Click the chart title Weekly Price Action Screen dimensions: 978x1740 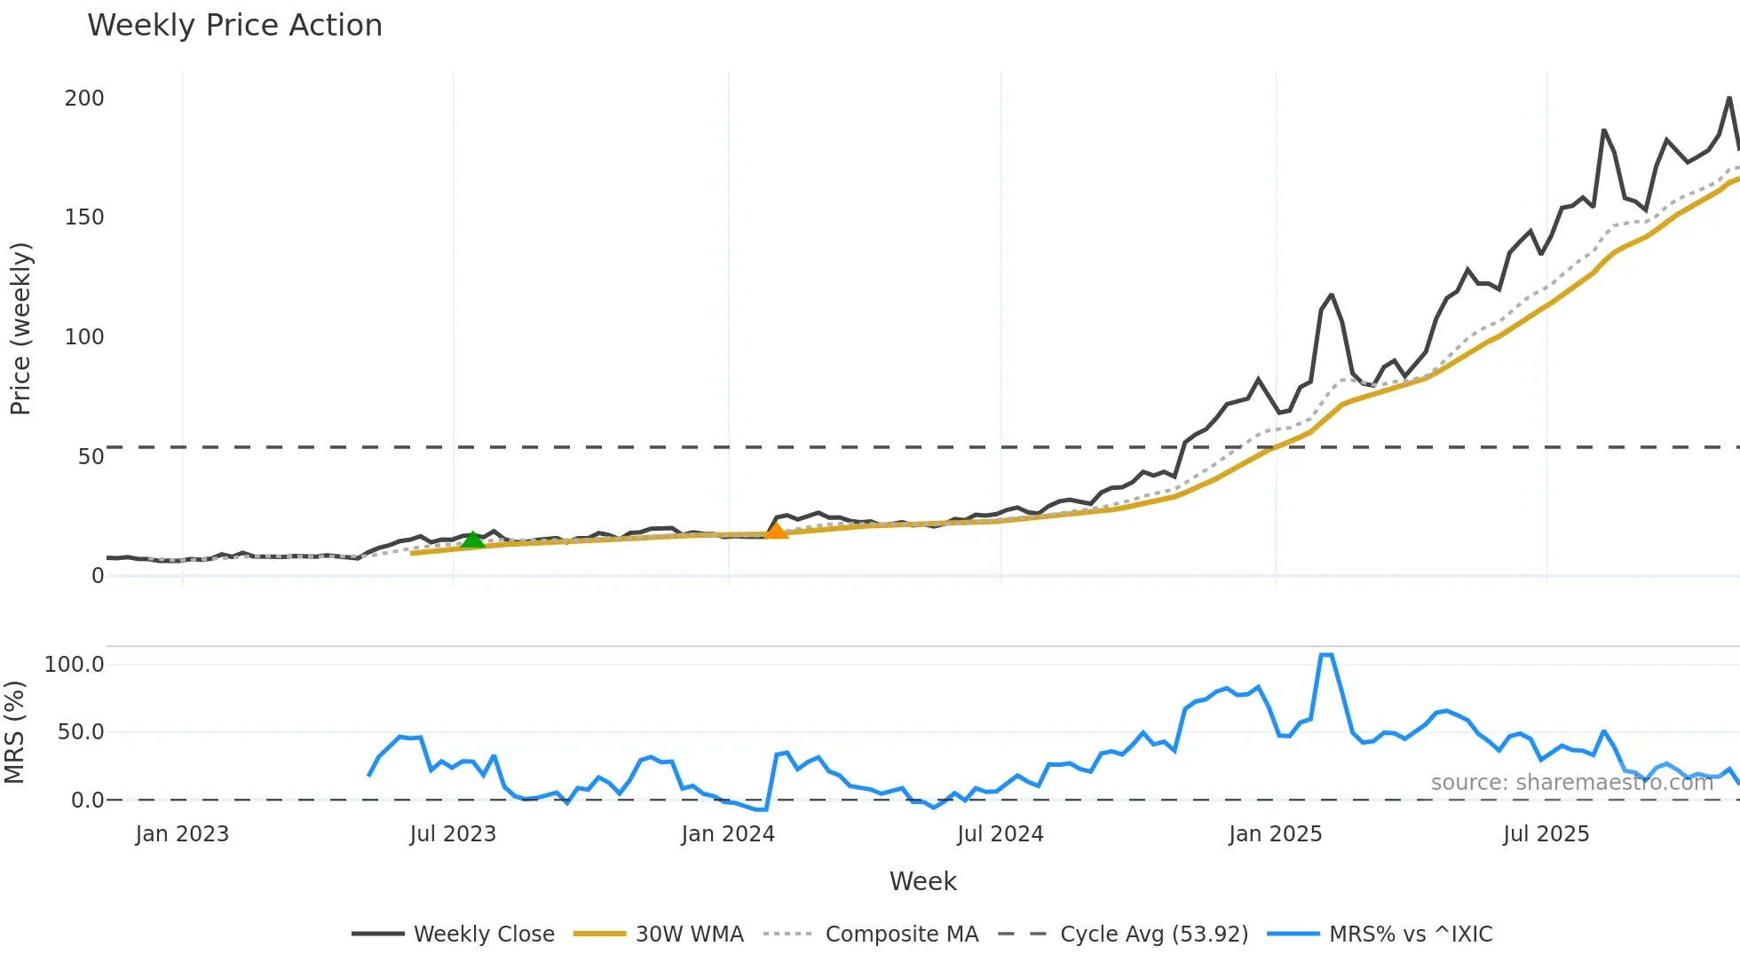(x=234, y=25)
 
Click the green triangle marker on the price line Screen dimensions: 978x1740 (x=473, y=539)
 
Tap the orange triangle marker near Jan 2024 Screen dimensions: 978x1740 (x=776, y=531)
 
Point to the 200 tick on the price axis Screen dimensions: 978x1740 (x=84, y=99)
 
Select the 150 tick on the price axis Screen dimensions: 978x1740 (x=84, y=217)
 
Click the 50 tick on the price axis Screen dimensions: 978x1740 (x=91, y=457)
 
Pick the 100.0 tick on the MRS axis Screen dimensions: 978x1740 (x=75, y=665)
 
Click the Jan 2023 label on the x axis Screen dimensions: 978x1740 (x=182, y=834)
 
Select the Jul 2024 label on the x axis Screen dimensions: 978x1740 (x=1000, y=834)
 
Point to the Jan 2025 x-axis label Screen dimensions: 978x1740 (x=1275, y=834)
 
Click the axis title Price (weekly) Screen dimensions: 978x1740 (x=20, y=328)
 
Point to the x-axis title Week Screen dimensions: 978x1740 (x=922, y=881)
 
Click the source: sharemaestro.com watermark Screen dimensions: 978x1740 (x=1571, y=783)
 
